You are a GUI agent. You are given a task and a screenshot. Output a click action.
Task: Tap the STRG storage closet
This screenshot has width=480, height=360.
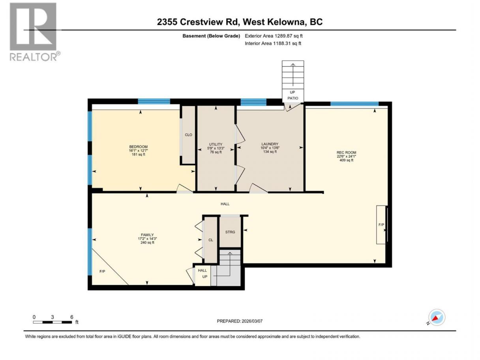point(230,232)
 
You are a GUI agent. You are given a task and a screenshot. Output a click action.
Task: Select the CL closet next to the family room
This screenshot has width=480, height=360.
point(210,240)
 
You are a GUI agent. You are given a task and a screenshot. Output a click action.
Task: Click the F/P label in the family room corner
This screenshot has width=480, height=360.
point(102,271)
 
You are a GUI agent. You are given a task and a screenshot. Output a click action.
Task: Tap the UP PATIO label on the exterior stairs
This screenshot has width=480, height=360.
point(292,95)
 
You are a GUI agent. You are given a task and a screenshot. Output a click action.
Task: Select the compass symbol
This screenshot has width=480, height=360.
point(437,317)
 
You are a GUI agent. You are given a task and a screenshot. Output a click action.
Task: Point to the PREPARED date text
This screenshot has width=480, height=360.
point(240,321)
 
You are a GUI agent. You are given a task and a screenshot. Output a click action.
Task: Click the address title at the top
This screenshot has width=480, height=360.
point(240,22)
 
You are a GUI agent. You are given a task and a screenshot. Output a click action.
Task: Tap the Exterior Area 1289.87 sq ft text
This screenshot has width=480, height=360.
point(274,36)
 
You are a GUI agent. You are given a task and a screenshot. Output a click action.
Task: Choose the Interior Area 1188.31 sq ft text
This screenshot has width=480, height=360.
point(273,43)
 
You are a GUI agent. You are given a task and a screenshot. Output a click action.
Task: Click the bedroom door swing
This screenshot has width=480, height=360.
point(185,188)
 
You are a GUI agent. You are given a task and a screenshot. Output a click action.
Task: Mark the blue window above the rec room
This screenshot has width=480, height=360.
point(354,103)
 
